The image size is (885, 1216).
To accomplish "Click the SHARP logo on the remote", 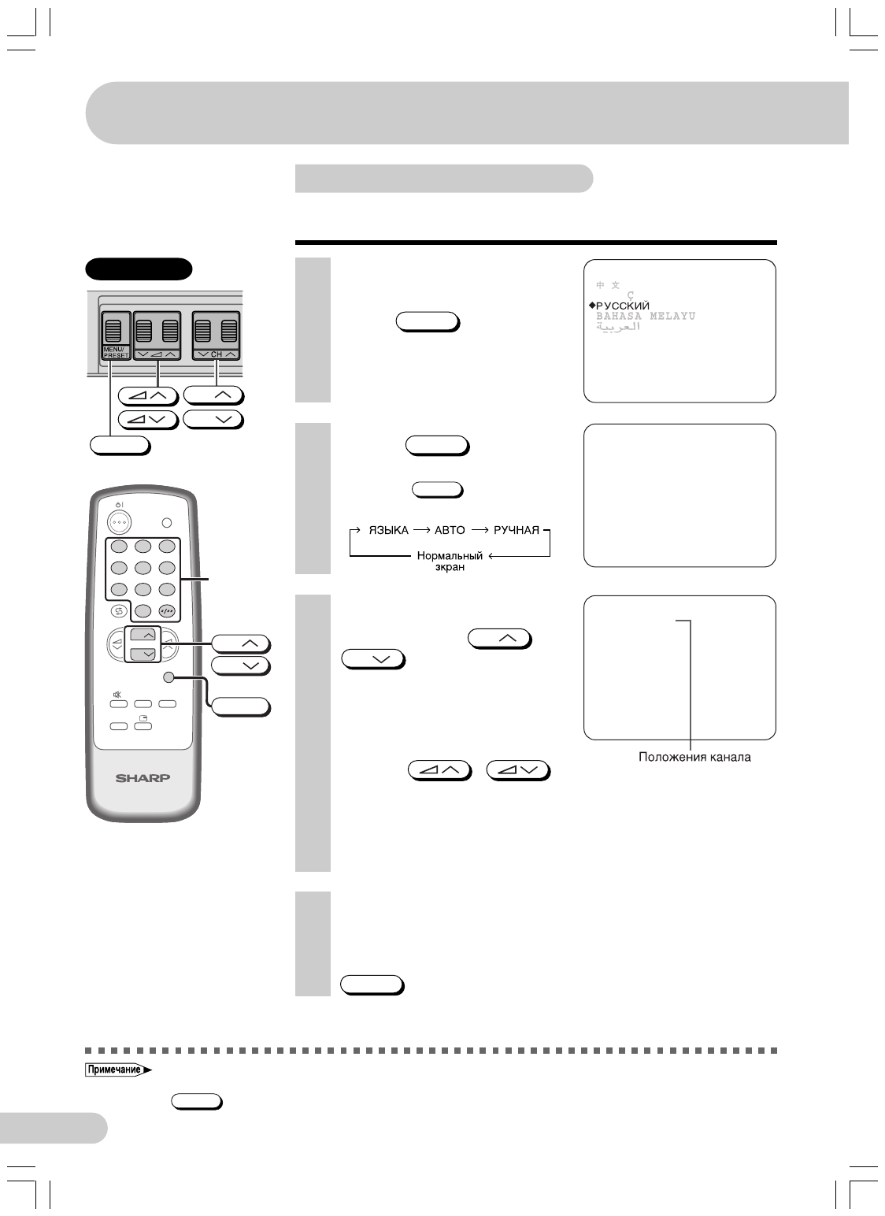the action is click(x=143, y=779).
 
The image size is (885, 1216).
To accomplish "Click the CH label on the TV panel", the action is click(x=217, y=355).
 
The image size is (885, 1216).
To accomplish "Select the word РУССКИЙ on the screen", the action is click(x=623, y=305).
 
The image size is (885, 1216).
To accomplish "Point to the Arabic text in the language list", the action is click(x=619, y=326).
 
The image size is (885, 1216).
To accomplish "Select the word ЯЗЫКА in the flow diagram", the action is click(x=388, y=530).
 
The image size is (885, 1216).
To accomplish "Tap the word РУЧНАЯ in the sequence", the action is click(x=517, y=530).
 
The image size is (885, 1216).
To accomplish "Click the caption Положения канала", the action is click(x=694, y=758).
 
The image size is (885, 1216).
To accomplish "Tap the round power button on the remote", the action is click(x=120, y=522).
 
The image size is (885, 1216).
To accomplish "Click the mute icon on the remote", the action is click(x=117, y=694).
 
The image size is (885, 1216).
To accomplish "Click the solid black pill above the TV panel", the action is click(x=139, y=269).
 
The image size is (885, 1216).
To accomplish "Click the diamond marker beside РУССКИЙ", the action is click(x=591, y=305).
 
